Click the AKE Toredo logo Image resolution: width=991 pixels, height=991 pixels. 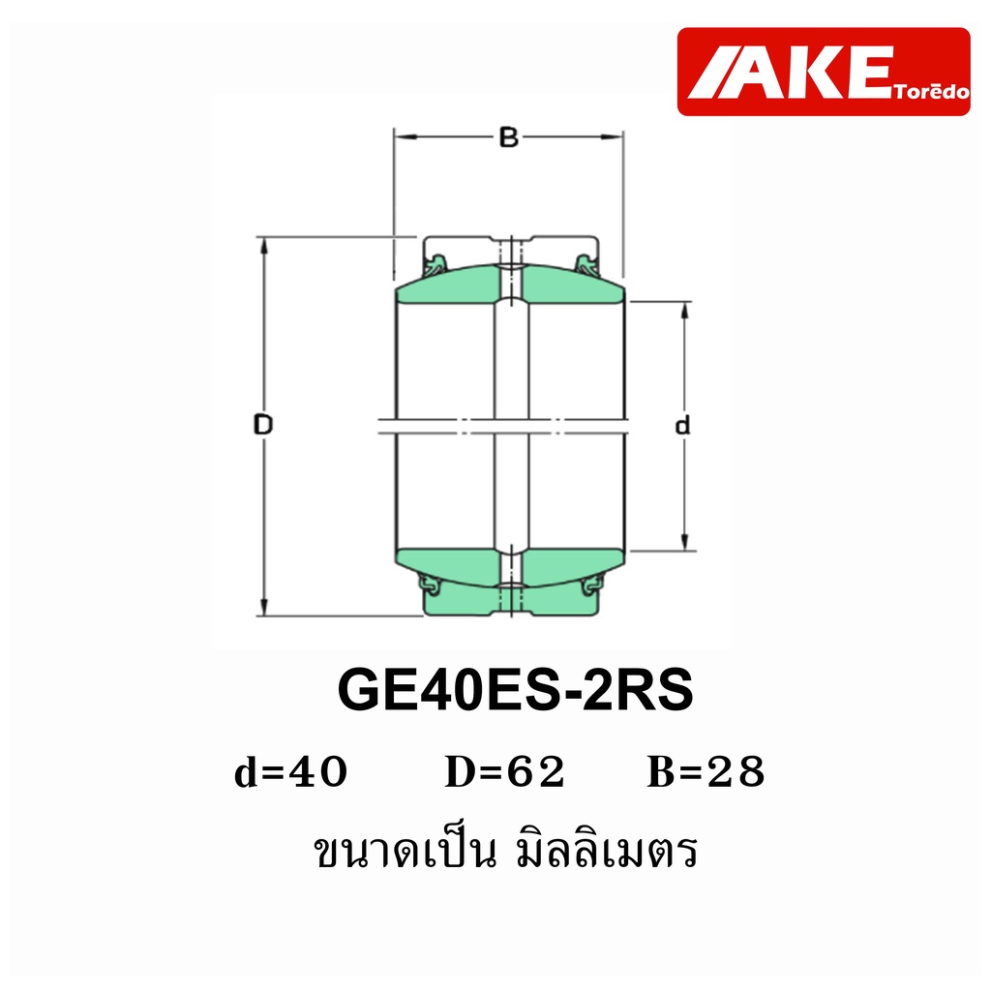[823, 72]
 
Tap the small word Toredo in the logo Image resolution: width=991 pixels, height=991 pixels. [932, 92]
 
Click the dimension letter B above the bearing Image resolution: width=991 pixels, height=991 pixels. [509, 137]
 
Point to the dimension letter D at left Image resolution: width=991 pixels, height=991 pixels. [263, 424]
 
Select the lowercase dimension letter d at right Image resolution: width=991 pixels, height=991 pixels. [682, 426]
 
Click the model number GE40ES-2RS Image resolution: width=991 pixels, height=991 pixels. [515, 689]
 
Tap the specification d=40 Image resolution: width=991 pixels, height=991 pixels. [290, 772]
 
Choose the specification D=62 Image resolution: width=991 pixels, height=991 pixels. [504, 772]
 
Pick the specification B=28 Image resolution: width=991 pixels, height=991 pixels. [706, 772]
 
